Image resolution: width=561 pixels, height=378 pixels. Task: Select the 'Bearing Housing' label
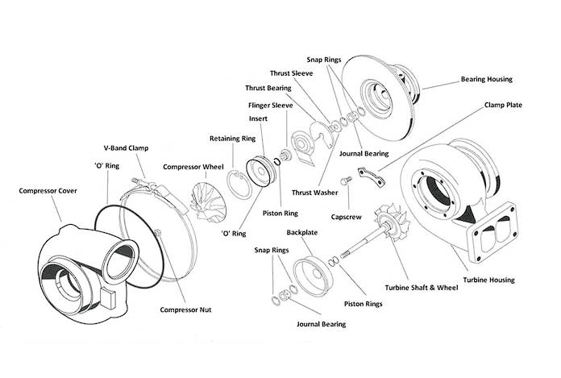486,80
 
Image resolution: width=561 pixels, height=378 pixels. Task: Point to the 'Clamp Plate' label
505,105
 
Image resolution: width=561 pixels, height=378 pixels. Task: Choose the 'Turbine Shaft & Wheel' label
415,288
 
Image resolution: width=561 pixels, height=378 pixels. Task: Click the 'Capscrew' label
347,216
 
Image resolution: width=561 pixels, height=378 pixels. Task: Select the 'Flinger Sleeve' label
270,105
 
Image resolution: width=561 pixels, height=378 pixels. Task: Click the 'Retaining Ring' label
232,139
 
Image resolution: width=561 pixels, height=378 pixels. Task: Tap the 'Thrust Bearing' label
268,88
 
